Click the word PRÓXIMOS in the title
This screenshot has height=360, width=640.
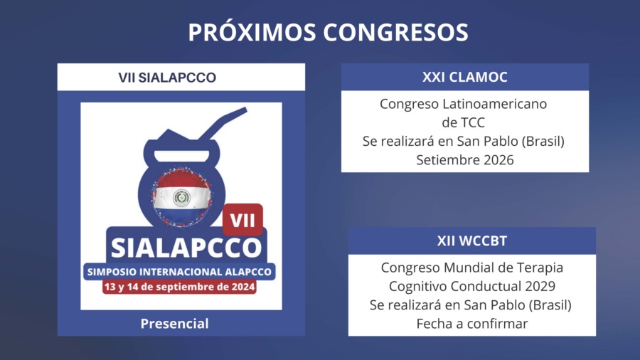(x=252, y=32)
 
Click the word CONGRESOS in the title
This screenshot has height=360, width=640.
(x=395, y=32)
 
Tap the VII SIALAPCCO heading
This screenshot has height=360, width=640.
(x=167, y=78)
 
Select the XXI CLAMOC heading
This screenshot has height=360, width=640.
(x=465, y=77)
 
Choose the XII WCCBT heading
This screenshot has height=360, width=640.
(x=472, y=240)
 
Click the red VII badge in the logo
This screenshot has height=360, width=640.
(x=242, y=220)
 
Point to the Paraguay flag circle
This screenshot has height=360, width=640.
(x=181, y=198)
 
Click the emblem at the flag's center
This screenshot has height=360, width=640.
(x=181, y=198)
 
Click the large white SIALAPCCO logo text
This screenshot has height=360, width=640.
(x=186, y=248)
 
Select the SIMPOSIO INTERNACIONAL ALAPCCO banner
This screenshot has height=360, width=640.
(x=179, y=272)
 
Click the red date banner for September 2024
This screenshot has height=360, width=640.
(x=179, y=287)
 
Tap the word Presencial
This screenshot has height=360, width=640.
(x=175, y=324)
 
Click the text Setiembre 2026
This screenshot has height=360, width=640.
(x=465, y=160)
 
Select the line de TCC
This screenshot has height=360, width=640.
(x=463, y=122)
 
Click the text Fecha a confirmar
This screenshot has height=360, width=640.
(x=472, y=324)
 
